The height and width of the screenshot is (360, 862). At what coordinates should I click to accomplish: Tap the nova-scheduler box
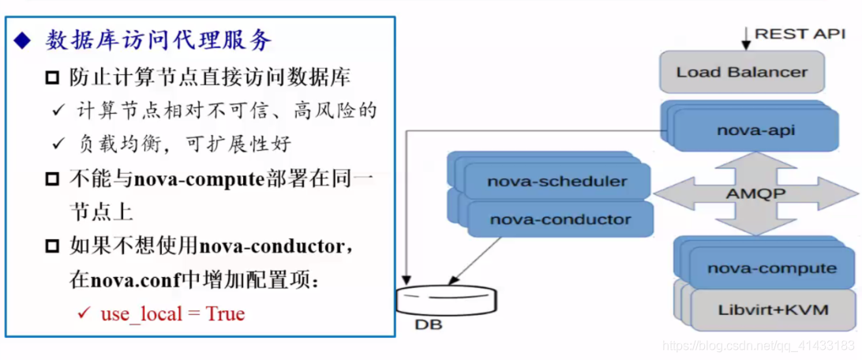click(557, 181)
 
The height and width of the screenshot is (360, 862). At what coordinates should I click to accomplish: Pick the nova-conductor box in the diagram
click(560, 219)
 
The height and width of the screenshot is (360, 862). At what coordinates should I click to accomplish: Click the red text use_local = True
click(172, 313)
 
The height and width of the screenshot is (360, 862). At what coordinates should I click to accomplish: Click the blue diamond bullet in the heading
click(21, 40)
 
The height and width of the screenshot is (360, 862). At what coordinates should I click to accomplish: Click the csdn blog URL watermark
click(759, 346)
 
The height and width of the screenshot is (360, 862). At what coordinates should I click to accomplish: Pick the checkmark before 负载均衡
click(58, 144)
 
